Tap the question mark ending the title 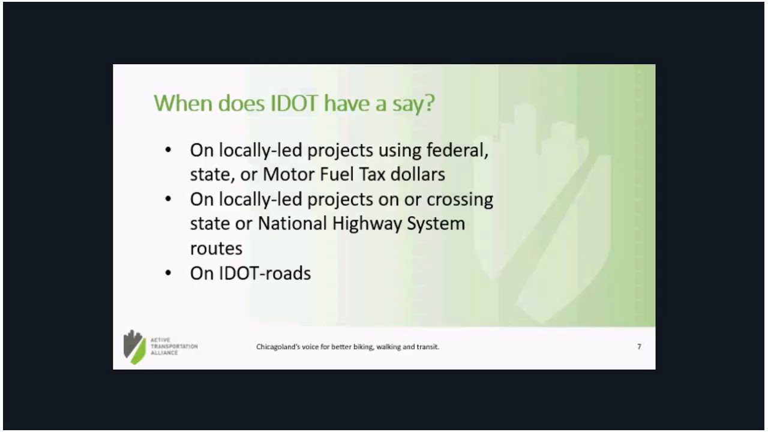pyautogui.click(x=428, y=103)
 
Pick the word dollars pyautogui.click(x=418, y=174)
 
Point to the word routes pyautogui.click(x=216, y=248)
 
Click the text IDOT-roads pyautogui.click(x=250, y=273)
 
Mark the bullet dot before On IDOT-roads pyautogui.click(x=168, y=274)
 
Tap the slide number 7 pyautogui.click(x=639, y=347)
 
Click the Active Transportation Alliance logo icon pyautogui.click(x=134, y=347)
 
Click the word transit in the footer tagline pyautogui.click(x=428, y=347)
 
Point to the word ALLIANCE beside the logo pyautogui.click(x=164, y=353)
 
